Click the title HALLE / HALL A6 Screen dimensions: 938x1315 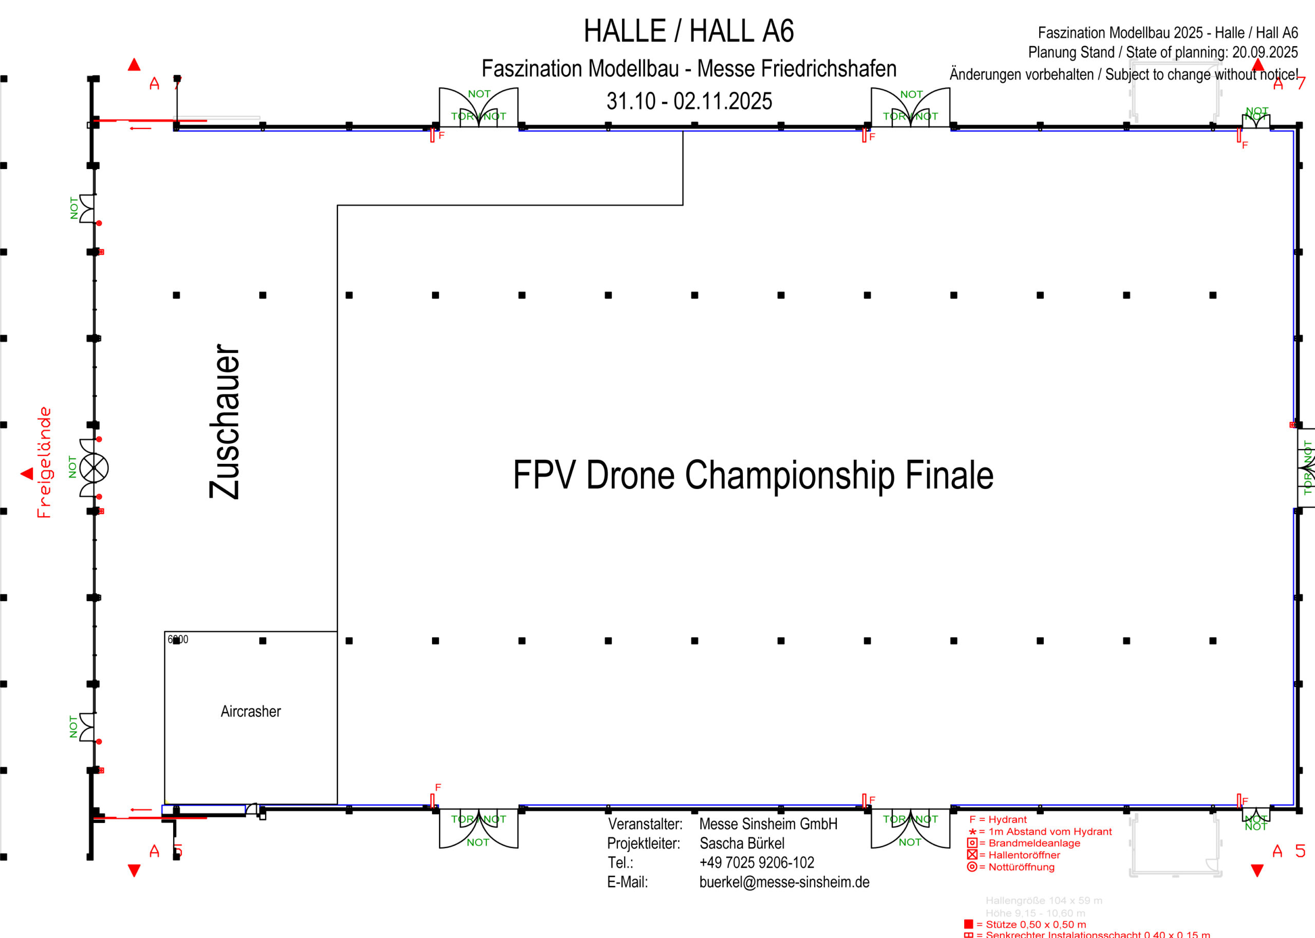[x=688, y=31]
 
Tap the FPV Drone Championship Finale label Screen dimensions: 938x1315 [x=753, y=475]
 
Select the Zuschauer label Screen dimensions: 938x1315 [x=224, y=422]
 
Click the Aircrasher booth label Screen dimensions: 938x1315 [x=251, y=711]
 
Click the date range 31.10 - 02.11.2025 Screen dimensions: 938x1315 [x=688, y=102]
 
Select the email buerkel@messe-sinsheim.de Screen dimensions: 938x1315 [x=784, y=882]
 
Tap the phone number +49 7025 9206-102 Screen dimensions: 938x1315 [x=756, y=862]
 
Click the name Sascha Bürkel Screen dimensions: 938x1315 [x=742, y=843]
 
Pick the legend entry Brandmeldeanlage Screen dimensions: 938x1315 [x=1034, y=843]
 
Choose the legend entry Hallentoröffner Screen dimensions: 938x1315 [x=1024, y=855]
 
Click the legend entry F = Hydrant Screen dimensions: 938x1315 [x=998, y=820]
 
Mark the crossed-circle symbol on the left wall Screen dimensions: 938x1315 [x=93, y=468]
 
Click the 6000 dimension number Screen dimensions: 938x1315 [x=178, y=640]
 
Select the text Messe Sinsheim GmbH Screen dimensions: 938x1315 [x=767, y=823]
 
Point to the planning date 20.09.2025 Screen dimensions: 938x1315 [x=1265, y=52]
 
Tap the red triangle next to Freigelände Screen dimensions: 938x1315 [x=27, y=474]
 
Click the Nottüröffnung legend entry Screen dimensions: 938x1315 [x=1021, y=867]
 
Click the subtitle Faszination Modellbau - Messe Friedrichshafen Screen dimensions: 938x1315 [x=688, y=69]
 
